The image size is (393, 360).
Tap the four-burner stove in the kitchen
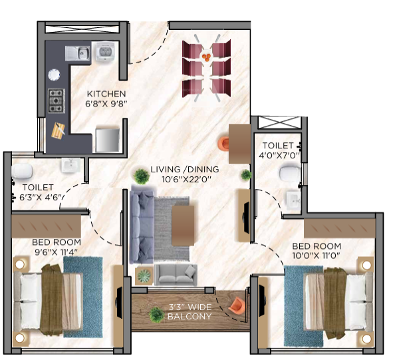(x=56, y=100)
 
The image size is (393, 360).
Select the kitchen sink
(x=78, y=53)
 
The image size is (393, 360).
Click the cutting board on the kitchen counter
(x=59, y=130)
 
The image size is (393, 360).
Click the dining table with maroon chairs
(x=206, y=67)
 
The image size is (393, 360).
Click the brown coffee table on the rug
(x=184, y=224)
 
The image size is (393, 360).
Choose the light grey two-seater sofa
(x=176, y=272)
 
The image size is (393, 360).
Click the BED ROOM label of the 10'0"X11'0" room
(x=316, y=246)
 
